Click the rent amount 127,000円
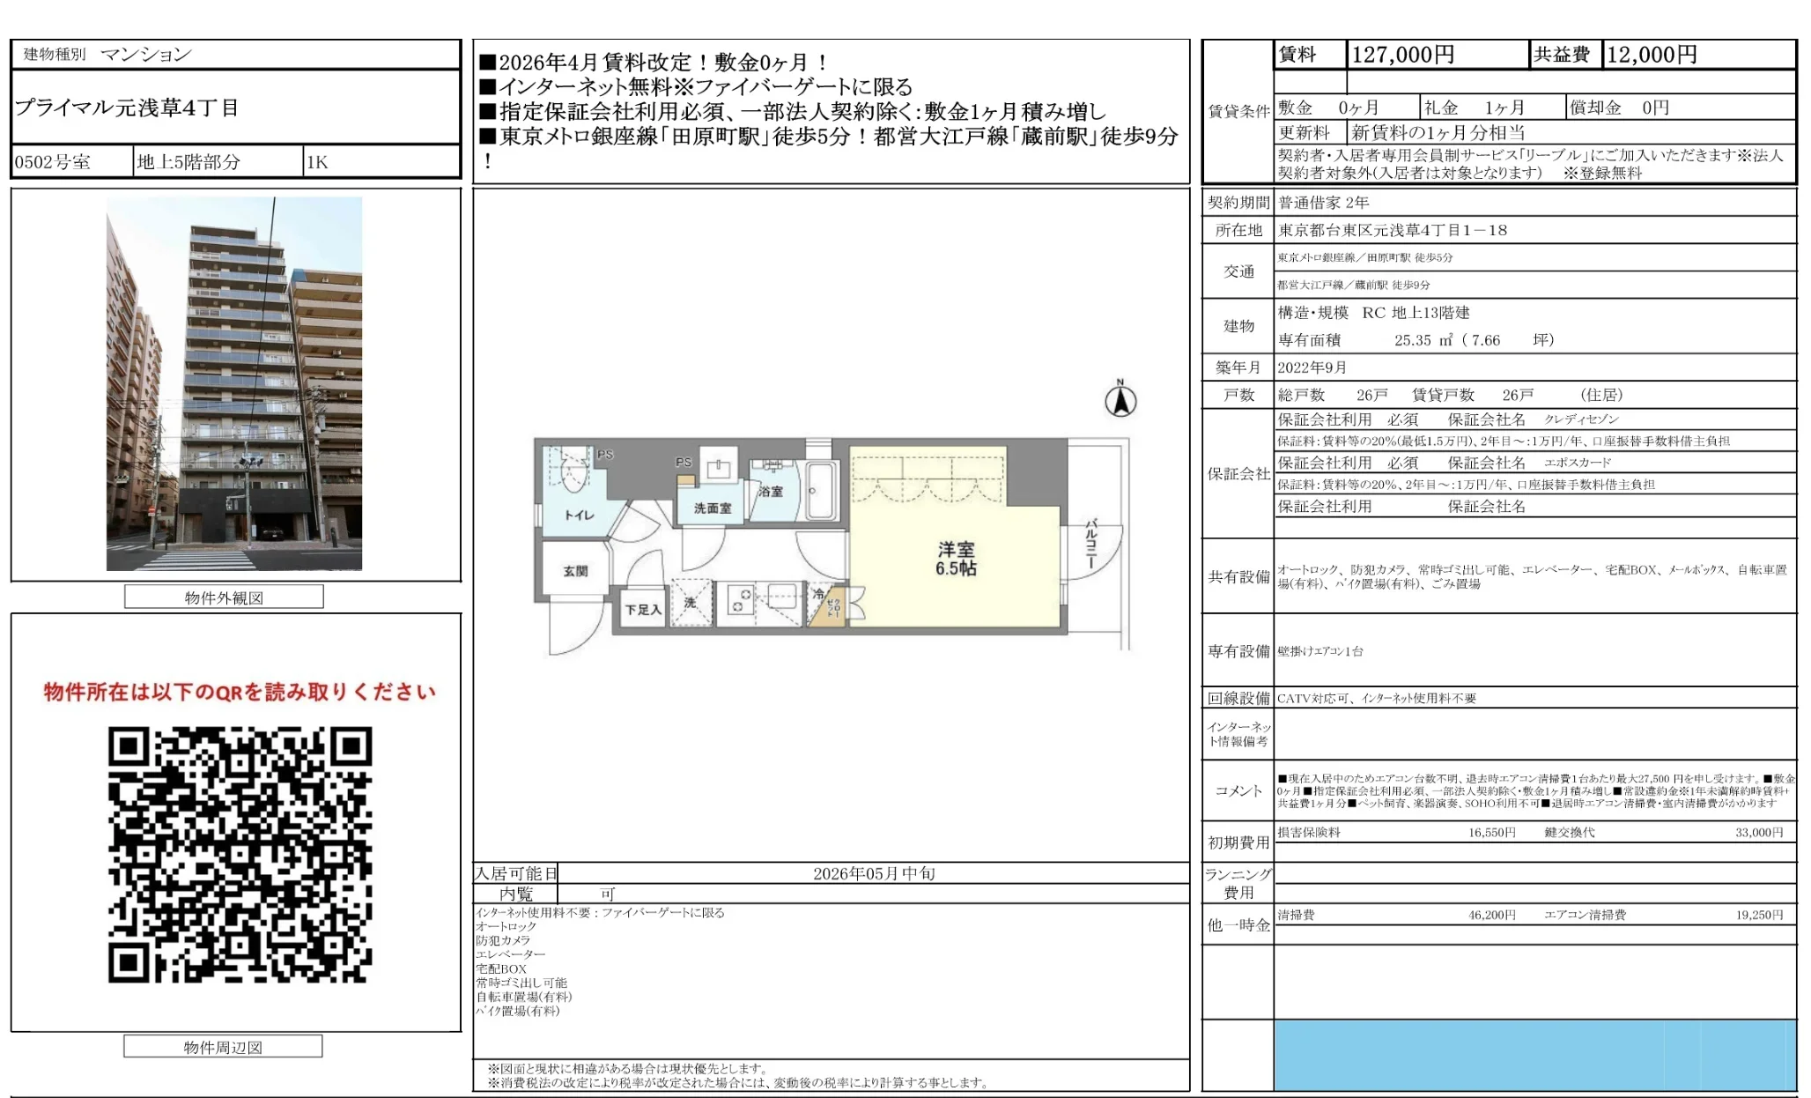(1402, 55)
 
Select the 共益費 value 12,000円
(1652, 55)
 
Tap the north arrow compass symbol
(1120, 401)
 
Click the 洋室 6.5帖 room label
(956, 559)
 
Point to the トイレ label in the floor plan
(579, 516)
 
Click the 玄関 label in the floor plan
(575, 571)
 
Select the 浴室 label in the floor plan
(771, 491)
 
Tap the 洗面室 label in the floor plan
(712, 508)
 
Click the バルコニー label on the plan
(1090, 544)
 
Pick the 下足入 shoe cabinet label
(643, 610)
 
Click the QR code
(240, 854)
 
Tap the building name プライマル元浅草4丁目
(127, 108)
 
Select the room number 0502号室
(53, 162)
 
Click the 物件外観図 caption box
(224, 597)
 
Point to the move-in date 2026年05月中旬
(873, 873)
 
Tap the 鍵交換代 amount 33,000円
(1758, 832)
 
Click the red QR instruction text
(240, 692)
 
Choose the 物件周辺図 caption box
(223, 1047)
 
